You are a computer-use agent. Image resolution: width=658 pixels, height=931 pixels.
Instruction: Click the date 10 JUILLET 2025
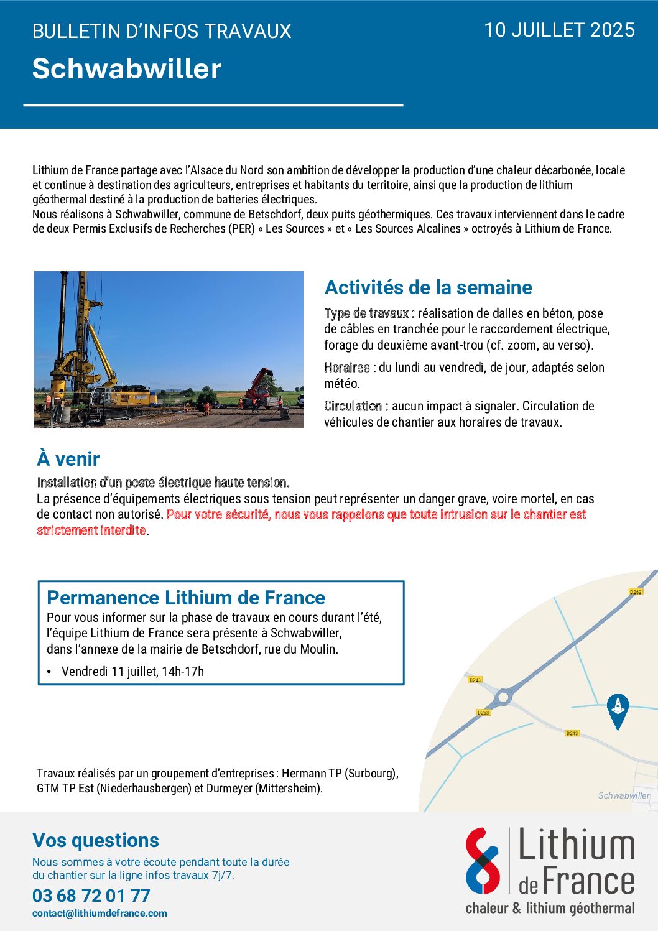click(559, 30)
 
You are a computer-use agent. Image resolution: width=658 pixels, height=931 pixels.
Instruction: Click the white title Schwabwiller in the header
click(127, 68)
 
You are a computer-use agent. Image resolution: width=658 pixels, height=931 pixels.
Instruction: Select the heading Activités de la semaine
click(429, 287)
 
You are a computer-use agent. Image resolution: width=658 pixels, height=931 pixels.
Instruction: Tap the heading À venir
click(68, 459)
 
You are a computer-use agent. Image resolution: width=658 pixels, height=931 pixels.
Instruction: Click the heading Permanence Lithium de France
click(186, 598)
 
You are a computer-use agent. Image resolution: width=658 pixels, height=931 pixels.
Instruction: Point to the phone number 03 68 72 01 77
click(91, 896)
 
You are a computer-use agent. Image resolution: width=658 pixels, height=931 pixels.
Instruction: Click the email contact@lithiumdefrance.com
click(100, 914)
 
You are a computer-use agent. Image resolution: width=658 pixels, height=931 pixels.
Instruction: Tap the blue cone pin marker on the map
click(618, 710)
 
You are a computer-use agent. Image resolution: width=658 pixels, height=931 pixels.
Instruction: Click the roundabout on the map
click(503, 698)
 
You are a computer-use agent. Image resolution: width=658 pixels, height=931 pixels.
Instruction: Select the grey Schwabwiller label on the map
click(623, 795)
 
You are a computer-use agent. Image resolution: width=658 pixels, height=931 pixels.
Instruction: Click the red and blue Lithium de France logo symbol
click(483, 861)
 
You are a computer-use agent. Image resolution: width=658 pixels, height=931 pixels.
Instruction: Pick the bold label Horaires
click(346, 368)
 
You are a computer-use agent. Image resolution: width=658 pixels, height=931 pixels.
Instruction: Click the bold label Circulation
click(355, 406)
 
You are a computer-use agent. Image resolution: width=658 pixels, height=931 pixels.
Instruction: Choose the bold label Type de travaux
click(369, 313)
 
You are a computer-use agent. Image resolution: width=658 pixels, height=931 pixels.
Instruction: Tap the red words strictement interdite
click(91, 530)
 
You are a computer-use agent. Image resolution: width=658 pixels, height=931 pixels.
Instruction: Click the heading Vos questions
click(96, 840)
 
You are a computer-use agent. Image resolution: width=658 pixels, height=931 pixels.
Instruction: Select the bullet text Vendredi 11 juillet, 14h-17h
click(132, 672)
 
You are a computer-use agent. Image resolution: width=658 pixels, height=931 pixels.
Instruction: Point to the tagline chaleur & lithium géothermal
click(550, 908)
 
